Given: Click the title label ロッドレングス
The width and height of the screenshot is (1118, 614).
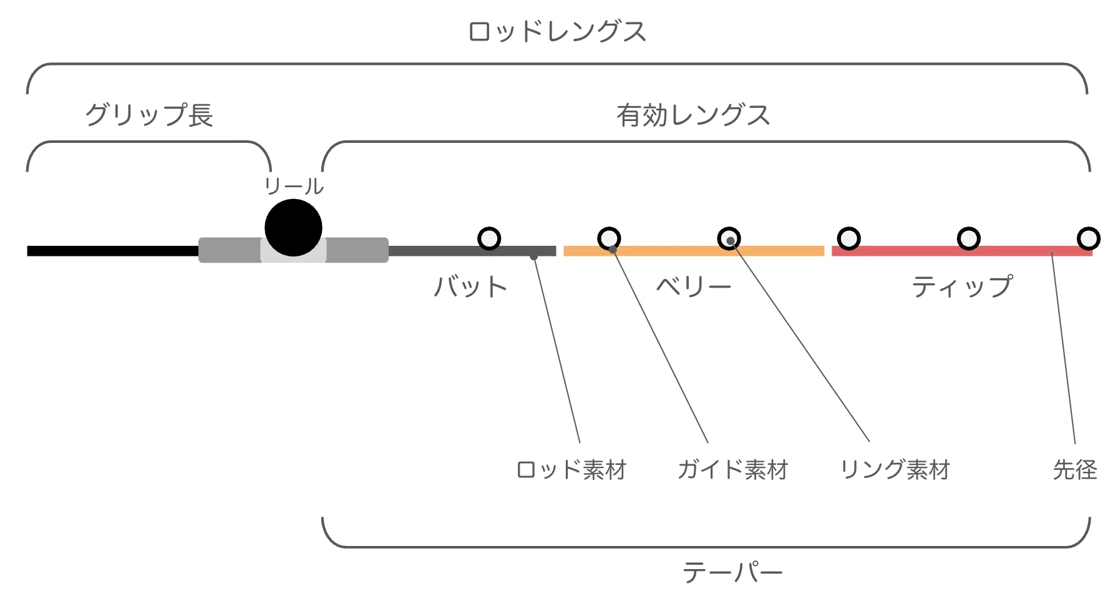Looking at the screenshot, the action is tap(557, 32).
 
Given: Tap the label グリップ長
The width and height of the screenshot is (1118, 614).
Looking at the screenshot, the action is tap(149, 115).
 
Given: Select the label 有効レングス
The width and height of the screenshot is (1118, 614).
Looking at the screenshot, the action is tap(693, 115).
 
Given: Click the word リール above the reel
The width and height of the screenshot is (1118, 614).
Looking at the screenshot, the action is tap(293, 186).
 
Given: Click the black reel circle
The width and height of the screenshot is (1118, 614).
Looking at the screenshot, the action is tap(293, 228).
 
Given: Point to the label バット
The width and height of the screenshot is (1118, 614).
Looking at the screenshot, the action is tap(470, 287).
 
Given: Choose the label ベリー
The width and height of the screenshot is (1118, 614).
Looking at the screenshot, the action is tap(693, 286).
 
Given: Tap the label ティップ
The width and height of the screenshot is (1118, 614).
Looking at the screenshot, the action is tap(962, 286).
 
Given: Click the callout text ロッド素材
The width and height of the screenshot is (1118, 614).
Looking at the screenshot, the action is tap(571, 470).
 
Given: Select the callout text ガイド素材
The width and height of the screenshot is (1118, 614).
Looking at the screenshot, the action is tap(733, 470).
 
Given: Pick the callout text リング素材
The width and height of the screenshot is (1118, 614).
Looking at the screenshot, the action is tap(895, 470).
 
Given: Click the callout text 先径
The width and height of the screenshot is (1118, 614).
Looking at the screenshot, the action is tap(1075, 470).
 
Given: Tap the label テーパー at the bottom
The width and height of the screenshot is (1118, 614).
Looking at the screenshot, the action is tap(732, 572).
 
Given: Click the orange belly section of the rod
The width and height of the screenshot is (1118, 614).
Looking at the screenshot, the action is tap(694, 251).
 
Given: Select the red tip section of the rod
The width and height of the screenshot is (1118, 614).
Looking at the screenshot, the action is tap(962, 251).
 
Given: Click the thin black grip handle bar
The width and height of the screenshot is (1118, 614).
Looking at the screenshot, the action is tap(113, 251).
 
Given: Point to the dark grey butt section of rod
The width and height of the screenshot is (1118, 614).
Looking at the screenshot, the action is tap(472, 251).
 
